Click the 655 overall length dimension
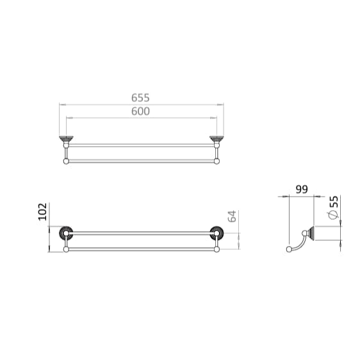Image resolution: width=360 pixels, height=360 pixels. pyautogui.click(x=140, y=97)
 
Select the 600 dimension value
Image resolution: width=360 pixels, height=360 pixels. pyautogui.click(x=140, y=111)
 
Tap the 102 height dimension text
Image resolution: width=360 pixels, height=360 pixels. pyautogui.click(x=43, y=212)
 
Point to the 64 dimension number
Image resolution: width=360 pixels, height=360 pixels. pyautogui.click(x=233, y=216)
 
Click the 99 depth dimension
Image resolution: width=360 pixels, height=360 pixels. pyautogui.click(x=302, y=190)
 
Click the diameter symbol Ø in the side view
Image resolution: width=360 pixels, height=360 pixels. pyautogui.click(x=333, y=218)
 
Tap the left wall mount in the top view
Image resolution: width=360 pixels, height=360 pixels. pyautogui.click(x=65, y=140)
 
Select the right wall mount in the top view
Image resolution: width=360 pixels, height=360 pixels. pyautogui.click(x=216, y=140)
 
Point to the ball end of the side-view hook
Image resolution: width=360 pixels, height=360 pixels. pyautogui.click(x=288, y=249)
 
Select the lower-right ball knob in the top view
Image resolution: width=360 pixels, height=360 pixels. pyautogui.click(x=216, y=161)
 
